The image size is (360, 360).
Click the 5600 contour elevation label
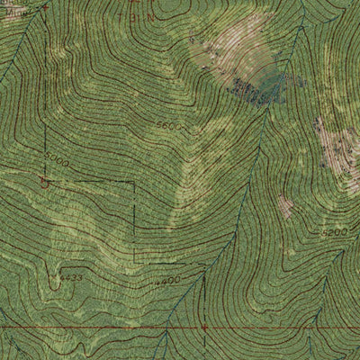tap(167, 126)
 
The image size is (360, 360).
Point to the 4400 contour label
tap(167, 282)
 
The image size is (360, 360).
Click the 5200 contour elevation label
tap(334, 233)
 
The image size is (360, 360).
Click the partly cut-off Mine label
tap(10, 5)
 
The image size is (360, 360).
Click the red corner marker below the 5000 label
tap(44, 181)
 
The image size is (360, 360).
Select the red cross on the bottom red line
tap(204, 327)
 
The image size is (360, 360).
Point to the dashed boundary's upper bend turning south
tap(133, 184)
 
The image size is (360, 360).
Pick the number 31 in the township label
tap(137, 15)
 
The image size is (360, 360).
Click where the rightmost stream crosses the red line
tap(310, 328)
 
